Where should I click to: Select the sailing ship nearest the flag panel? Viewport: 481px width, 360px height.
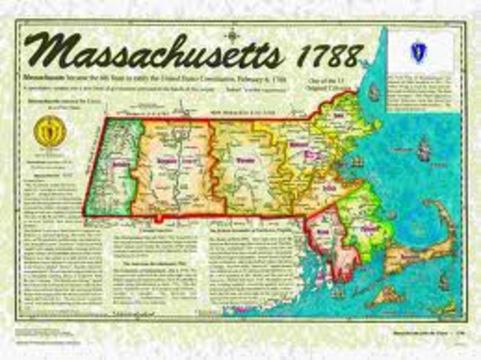pyautogui.click(x=374, y=92)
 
